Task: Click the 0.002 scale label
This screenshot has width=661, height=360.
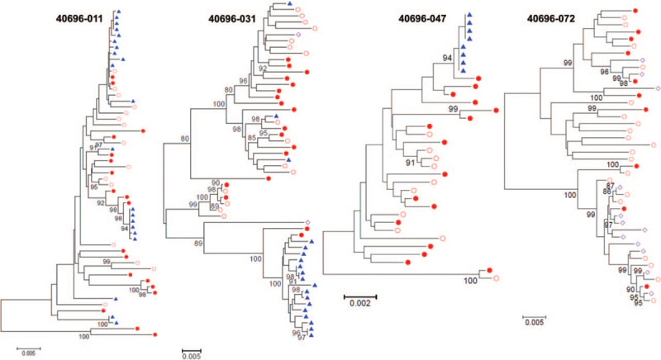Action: tap(359, 303)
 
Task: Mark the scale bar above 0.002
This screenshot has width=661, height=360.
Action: tap(360, 294)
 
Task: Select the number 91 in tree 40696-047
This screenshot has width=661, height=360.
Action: tap(409, 163)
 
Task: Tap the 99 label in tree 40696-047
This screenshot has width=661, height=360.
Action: tap(452, 109)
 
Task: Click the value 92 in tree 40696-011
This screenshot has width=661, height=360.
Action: tap(101, 201)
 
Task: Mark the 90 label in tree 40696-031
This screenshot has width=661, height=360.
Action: tap(215, 182)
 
